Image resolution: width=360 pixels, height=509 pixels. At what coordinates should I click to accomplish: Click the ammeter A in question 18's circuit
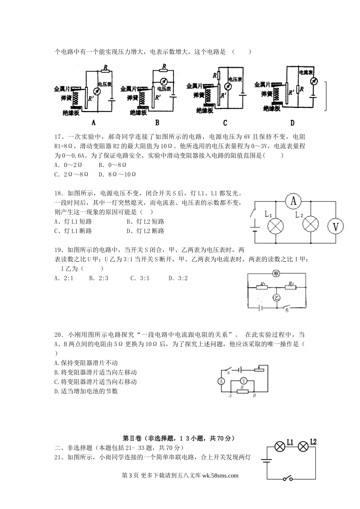(293, 201)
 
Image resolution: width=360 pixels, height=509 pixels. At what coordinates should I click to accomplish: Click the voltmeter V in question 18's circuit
(335, 226)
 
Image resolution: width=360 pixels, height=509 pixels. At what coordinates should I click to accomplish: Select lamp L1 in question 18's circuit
(275, 226)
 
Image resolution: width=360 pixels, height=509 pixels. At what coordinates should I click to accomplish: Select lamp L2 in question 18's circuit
(311, 224)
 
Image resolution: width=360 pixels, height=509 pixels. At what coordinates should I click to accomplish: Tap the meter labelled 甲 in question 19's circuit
(276, 274)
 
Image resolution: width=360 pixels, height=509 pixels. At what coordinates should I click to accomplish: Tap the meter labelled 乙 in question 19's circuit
(277, 298)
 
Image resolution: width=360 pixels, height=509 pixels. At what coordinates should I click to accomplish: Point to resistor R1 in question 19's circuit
(262, 287)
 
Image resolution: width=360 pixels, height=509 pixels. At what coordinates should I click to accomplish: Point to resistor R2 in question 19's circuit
(290, 287)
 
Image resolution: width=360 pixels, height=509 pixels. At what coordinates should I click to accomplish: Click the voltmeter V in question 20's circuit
(244, 381)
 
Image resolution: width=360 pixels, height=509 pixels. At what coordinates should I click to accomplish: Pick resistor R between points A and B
(243, 392)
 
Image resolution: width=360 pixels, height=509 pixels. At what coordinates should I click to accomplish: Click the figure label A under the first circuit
(94, 123)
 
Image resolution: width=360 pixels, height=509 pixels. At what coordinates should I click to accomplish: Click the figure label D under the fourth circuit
(292, 123)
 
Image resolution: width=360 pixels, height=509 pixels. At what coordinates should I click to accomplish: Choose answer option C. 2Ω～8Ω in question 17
(71, 174)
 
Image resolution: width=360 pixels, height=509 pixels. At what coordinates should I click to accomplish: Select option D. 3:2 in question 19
(178, 278)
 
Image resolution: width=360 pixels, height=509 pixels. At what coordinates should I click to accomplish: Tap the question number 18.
(58, 193)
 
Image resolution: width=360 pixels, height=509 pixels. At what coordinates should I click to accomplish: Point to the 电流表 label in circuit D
(306, 72)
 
